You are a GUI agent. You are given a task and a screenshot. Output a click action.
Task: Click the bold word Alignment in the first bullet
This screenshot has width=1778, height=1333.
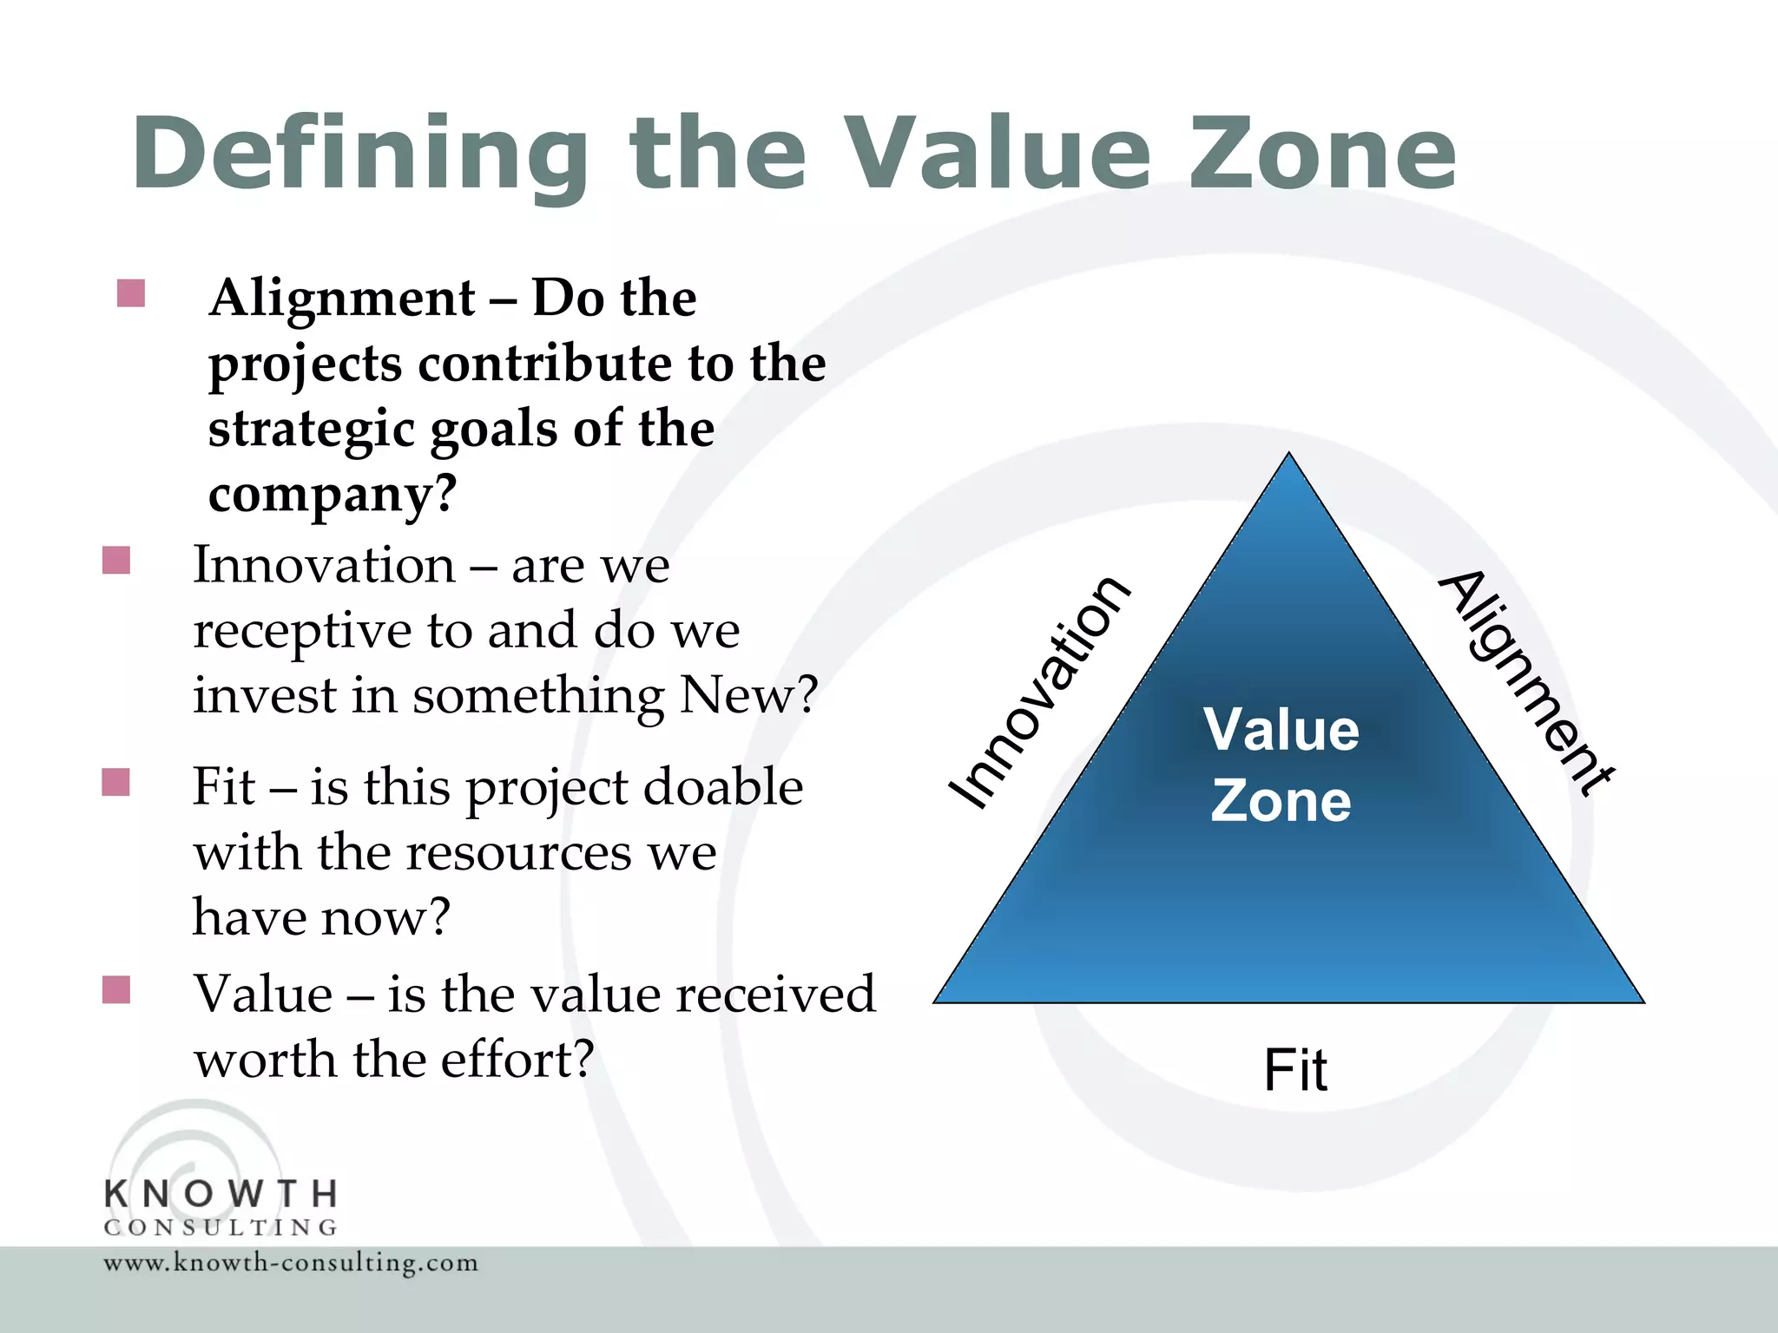pyautogui.click(x=342, y=299)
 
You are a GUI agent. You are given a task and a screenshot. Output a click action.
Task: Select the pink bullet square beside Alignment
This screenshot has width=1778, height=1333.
pyautogui.click(x=130, y=293)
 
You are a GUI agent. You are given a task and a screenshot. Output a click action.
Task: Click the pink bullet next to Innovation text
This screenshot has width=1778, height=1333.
pyautogui.click(x=116, y=561)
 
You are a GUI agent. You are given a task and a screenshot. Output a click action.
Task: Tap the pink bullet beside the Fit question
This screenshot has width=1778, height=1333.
pyautogui.click(x=116, y=782)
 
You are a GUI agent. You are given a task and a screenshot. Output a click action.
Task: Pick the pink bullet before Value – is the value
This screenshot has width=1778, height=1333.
pyautogui.click(x=116, y=989)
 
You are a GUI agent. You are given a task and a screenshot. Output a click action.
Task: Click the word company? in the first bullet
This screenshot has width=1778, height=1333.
pyautogui.click(x=332, y=495)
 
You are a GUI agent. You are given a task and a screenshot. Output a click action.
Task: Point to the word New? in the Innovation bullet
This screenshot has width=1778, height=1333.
pyautogui.click(x=748, y=696)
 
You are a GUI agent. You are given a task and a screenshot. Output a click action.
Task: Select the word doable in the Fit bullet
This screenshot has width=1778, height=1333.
pyautogui.click(x=723, y=788)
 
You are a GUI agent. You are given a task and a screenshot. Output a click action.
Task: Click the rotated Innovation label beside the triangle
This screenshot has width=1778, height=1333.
pyautogui.click(x=1040, y=693)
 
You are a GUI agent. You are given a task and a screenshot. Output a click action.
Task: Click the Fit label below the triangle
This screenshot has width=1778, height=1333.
pyautogui.click(x=1294, y=1070)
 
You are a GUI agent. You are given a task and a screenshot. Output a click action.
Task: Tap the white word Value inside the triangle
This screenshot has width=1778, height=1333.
pyautogui.click(x=1281, y=729)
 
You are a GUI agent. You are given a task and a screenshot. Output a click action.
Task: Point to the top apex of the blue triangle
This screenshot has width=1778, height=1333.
pyautogui.click(x=1289, y=456)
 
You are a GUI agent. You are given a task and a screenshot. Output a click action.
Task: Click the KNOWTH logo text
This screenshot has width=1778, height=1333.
pyautogui.click(x=221, y=1194)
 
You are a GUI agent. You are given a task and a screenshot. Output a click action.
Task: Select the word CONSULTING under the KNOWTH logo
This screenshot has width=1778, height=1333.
pyautogui.click(x=221, y=1227)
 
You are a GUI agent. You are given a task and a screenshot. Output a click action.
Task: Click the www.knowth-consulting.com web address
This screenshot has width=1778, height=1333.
pyautogui.click(x=291, y=1263)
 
